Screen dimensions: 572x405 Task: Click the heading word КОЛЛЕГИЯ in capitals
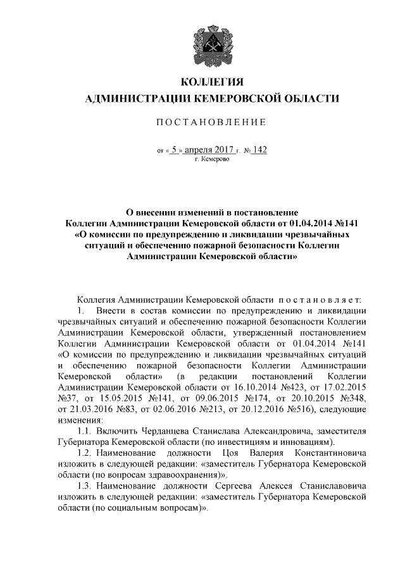click(x=212, y=82)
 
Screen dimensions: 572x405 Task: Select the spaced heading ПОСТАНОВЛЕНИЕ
click(x=212, y=121)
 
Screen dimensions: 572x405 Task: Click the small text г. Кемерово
click(x=212, y=161)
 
